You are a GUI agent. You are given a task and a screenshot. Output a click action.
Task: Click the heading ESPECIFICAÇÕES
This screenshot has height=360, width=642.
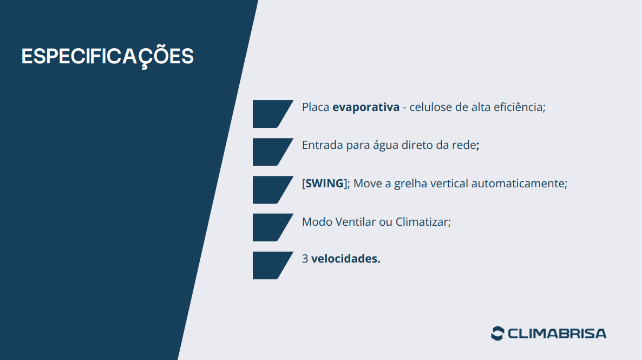(107, 56)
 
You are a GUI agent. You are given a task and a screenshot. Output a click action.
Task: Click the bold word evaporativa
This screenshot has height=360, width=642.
(365, 107)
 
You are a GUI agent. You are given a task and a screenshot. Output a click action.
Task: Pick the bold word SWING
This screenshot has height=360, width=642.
(325, 184)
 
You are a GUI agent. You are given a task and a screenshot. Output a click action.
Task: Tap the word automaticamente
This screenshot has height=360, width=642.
(519, 184)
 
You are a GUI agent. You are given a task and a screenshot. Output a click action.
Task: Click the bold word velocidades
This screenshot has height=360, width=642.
(345, 259)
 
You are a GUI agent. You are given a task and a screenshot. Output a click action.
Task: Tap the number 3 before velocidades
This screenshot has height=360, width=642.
(305, 259)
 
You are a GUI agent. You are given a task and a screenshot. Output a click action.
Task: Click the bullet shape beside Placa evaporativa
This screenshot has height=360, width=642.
(270, 114)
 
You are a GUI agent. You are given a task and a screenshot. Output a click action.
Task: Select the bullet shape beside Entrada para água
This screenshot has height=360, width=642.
(270, 152)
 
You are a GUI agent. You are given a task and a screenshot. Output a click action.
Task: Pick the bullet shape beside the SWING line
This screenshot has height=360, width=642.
(270, 189)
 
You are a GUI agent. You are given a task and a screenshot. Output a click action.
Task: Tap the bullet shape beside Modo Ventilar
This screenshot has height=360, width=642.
(270, 227)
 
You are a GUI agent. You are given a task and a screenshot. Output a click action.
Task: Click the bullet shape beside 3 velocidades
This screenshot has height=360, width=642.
(270, 265)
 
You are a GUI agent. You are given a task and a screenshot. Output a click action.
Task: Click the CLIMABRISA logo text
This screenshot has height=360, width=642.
(557, 333)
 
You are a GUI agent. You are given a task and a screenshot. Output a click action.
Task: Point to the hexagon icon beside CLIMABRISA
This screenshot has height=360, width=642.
(497, 333)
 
